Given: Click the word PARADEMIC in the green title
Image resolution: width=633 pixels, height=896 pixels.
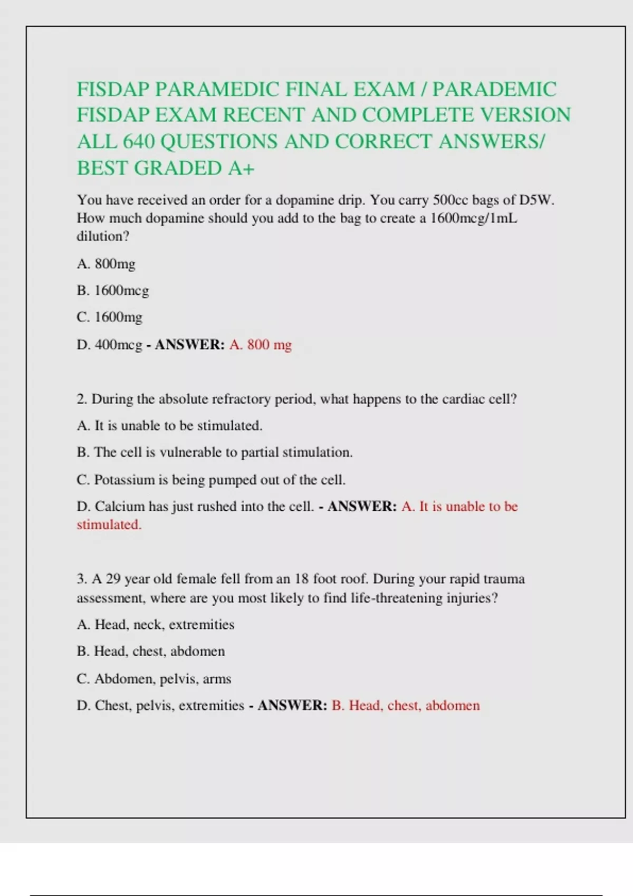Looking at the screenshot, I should tap(494, 89).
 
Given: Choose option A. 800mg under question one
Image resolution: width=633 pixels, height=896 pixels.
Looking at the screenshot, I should tap(106, 264).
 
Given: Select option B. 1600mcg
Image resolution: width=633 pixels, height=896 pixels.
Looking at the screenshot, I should tap(113, 290).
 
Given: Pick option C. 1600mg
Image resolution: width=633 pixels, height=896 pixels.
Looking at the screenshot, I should tap(110, 317).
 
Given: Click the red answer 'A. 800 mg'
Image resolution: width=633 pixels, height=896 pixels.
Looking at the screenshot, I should tap(261, 345).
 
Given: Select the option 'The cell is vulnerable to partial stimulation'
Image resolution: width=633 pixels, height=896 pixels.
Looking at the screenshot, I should tap(215, 452).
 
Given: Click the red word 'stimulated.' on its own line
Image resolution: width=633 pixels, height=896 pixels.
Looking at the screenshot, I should tap(109, 525).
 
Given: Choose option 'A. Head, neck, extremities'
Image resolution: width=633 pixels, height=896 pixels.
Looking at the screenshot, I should tap(156, 625).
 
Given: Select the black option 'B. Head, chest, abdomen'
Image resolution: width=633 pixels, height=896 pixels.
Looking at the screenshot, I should tap(151, 651).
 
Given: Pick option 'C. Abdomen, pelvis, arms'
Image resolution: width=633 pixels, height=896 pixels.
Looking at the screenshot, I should tap(154, 679).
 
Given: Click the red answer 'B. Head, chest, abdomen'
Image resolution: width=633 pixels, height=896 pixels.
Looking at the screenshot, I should tap(406, 706).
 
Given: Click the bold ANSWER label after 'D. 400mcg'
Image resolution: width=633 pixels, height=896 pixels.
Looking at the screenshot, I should tap(190, 345).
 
